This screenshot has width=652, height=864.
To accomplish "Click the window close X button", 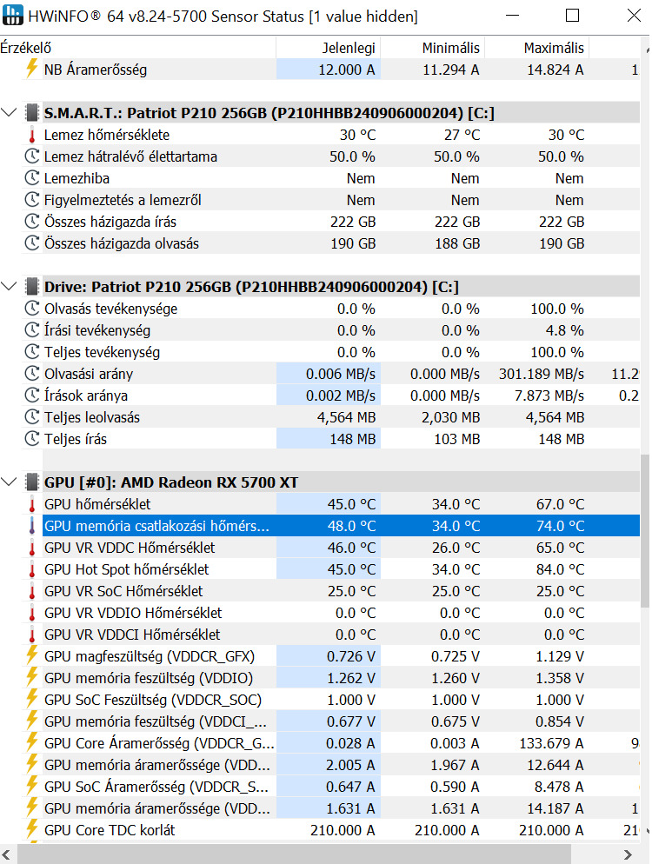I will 631,16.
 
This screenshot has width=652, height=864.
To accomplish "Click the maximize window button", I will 572,16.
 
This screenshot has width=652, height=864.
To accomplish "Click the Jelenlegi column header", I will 349,48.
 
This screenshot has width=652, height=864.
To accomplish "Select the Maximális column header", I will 554,48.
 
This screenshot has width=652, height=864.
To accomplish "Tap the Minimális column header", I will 450,48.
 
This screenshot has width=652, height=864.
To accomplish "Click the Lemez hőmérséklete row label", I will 107,135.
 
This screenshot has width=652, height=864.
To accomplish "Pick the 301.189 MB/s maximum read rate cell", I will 542,374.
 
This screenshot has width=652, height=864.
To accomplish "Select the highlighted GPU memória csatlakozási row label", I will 156,526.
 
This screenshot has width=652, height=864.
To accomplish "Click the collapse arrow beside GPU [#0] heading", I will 10,482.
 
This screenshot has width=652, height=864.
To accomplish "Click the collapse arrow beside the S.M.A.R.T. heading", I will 10,112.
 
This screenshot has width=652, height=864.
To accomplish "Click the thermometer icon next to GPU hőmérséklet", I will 32,504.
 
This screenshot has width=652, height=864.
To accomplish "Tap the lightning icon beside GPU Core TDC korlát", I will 32,830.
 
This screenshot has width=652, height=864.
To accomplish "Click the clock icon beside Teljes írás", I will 32,439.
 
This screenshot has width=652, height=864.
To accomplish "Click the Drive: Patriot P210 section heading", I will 251,287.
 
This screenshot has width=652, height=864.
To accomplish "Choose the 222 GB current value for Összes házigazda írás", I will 353,222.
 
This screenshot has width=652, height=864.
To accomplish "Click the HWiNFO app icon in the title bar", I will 14,16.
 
